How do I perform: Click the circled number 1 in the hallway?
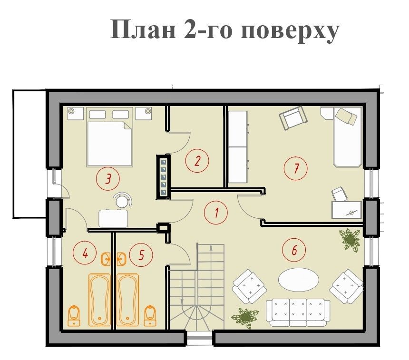[216, 213]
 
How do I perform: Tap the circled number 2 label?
[197, 161]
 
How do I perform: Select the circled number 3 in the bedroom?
[108, 179]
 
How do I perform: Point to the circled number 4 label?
[85, 253]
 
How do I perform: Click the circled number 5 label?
[141, 254]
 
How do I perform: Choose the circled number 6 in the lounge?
[294, 250]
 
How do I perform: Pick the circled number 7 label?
[295, 168]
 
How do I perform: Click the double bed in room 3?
[109, 137]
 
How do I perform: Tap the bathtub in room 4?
[100, 300]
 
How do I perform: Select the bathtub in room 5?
[127, 300]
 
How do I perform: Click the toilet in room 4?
[74, 316]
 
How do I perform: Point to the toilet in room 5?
[150, 316]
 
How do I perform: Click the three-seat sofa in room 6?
[298, 312]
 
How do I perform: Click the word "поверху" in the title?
[290, 30]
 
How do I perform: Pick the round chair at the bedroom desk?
[123, 200]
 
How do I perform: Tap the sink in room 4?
[106, 259]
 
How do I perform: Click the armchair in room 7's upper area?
[293, 117]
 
